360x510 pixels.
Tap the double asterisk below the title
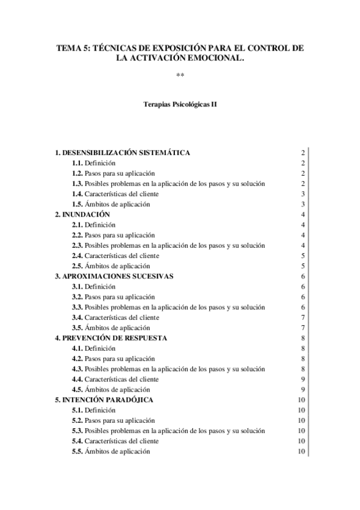180,75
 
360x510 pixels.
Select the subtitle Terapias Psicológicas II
180,104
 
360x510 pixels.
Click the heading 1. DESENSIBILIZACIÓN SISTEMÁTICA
123,153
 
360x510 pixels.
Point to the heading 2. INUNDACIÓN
82,215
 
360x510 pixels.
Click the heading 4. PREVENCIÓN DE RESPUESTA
111,338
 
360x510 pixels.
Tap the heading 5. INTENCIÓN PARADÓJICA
103,400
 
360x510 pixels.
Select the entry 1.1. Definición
94,163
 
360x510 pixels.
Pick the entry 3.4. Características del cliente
115,318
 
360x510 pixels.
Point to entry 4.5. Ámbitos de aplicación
111,390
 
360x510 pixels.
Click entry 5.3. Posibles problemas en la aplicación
168,431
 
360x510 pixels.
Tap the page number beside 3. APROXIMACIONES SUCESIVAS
304,276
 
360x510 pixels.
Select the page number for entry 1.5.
304,204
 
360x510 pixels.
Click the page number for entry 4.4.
304,379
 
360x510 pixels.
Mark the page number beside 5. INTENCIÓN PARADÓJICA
302,400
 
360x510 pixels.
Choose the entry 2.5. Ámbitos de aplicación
111,266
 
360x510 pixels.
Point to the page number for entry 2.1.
304,225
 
